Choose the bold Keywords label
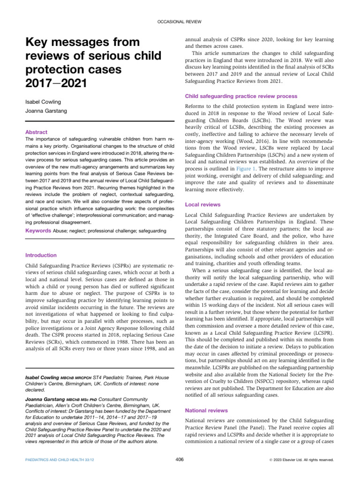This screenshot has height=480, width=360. point(37,231)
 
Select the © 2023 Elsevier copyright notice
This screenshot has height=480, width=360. point(304,460)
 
